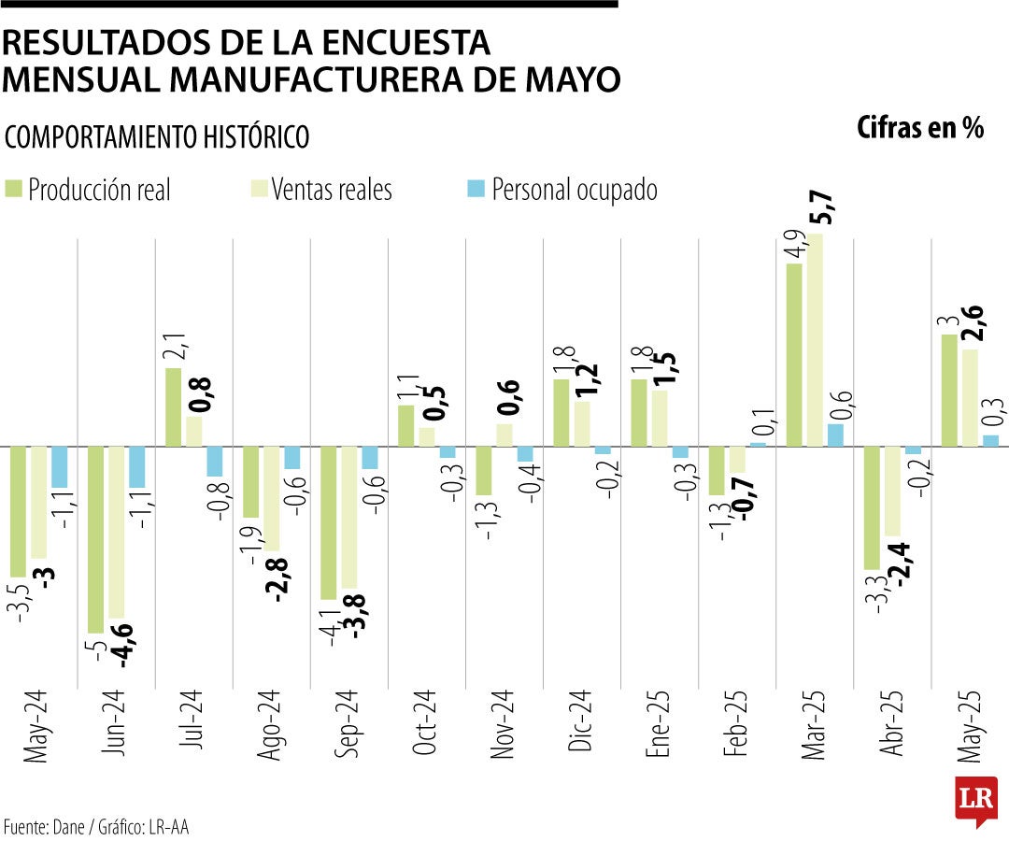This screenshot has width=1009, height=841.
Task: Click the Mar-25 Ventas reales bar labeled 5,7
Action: tap(817, 340)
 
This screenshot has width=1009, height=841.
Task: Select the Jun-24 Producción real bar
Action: tap(95, 540)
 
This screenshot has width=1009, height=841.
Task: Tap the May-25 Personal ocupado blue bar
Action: tap(990, 440)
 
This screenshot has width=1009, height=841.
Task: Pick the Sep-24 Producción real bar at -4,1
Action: tap(329, 522)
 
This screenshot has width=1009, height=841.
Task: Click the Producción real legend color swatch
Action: tap(14, 189)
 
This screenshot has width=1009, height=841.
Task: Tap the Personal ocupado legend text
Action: tap(574, 190)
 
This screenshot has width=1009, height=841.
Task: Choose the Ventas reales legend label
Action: tap(332, 190)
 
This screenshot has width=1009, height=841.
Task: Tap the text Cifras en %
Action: tap(920, 129)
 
